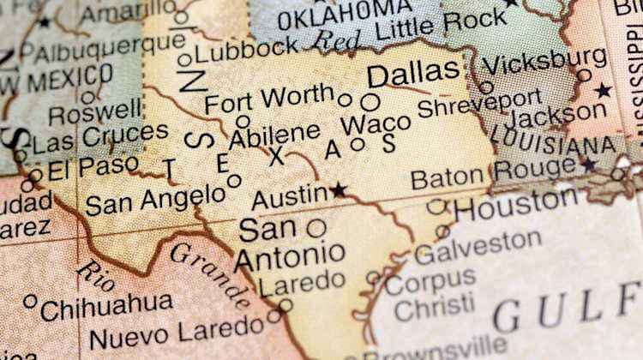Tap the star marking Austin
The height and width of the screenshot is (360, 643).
(340, 189)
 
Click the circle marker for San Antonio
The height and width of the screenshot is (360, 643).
(316, 228)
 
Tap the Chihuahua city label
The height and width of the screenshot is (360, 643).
(106, 304)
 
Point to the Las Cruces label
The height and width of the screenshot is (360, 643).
(100, 136)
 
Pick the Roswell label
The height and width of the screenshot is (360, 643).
(94, 111)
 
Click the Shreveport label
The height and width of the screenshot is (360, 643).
(479, 104)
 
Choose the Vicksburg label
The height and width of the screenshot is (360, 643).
(544, 61)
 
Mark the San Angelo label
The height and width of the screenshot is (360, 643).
(155, 200)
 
